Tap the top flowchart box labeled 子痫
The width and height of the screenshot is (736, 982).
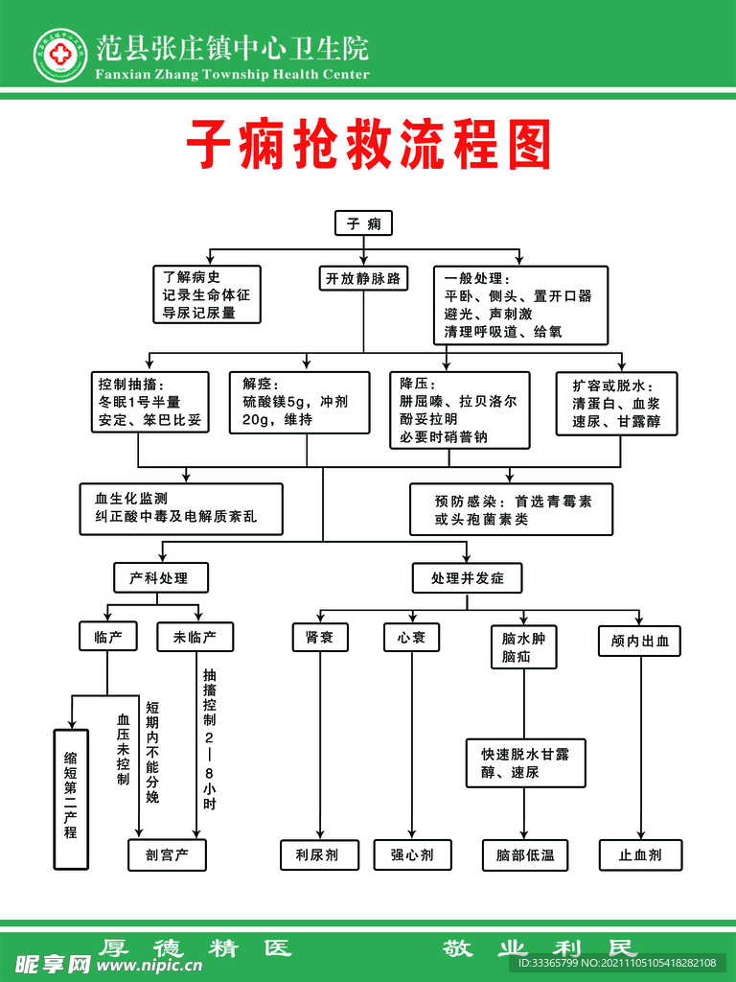pos(363,223)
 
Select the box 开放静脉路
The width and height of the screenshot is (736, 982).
pos(362,279)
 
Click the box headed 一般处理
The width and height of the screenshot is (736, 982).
pos(520,305)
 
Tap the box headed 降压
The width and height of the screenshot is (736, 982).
pos(460,409)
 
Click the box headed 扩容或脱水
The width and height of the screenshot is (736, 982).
pos(617,403)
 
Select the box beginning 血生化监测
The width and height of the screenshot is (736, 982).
pos(181,508)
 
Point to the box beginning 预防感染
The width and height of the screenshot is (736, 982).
pos(512,509)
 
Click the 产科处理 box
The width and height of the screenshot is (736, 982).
pos(161,577)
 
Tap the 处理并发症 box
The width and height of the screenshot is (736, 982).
pos(468,577)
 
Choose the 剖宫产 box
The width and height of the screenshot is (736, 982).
pos(167,854)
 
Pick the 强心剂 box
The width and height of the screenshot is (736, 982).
pos(412,854)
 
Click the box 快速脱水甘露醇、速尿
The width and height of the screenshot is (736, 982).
pos(525,762)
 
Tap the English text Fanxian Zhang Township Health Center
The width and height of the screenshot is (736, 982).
pos(231,75)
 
